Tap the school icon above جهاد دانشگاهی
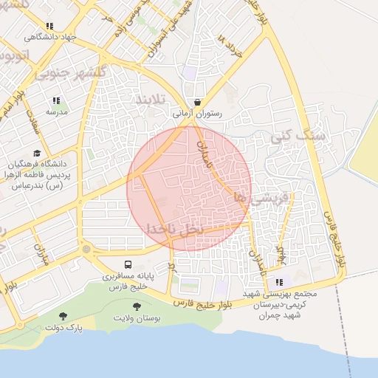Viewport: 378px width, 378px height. coord(49,26)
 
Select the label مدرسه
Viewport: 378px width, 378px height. coord(57,112)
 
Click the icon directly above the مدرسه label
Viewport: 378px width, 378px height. coord(56,100)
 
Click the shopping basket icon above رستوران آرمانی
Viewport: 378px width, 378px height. coord(197,103)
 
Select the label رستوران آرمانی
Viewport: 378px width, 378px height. coord(197,114)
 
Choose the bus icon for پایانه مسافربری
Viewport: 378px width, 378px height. coord(128,264)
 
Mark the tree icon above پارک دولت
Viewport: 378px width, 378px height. coord(63,315)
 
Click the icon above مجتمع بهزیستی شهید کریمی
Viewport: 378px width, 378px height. coord(279,281)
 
